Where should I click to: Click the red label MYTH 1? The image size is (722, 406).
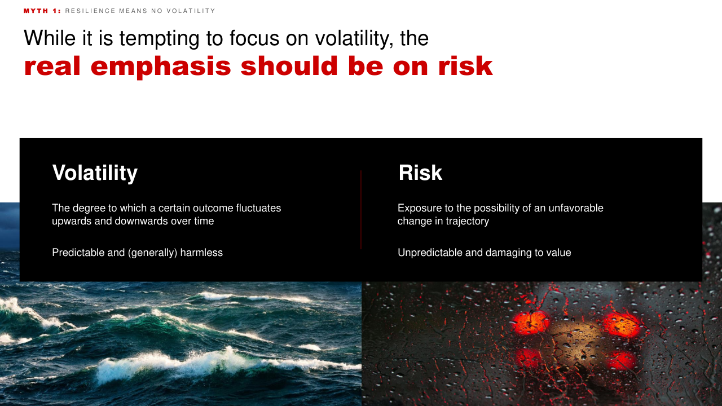coord(42,11)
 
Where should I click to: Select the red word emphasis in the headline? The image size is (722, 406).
coord(161,67)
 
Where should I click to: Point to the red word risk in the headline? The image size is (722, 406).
coord(465,66)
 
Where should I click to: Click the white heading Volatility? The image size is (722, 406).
coord(95,173)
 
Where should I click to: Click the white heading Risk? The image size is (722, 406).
coord(420,173)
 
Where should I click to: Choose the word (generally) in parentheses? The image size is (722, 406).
coord(152,253)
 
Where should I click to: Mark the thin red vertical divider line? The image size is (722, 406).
coord(360,209)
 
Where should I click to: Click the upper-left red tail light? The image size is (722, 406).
coord(530,323)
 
